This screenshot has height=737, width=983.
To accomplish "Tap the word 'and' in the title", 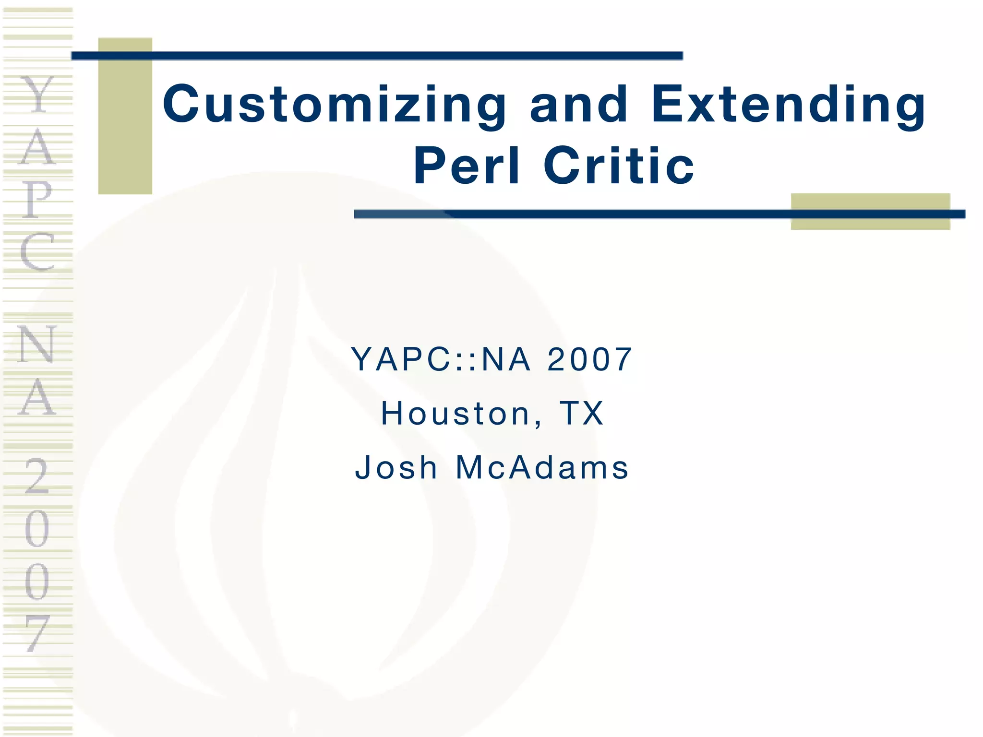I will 579,104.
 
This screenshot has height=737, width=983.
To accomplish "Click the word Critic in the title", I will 619,166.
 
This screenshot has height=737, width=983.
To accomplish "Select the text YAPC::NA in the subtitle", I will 441,359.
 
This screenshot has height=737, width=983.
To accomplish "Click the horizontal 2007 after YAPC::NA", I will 589,359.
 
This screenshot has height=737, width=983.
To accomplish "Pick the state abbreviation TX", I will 581,413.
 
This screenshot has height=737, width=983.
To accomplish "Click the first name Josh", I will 396,467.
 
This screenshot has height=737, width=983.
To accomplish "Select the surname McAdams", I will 542,467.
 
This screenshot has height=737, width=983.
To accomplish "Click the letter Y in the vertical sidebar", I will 37,95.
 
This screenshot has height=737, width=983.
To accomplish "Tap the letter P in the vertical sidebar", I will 37,199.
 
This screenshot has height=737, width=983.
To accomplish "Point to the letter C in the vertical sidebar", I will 37,251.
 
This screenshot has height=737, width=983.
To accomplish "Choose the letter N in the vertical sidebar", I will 37,344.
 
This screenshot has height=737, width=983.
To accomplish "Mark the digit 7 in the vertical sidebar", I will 37,633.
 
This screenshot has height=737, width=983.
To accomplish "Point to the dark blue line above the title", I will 377,56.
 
